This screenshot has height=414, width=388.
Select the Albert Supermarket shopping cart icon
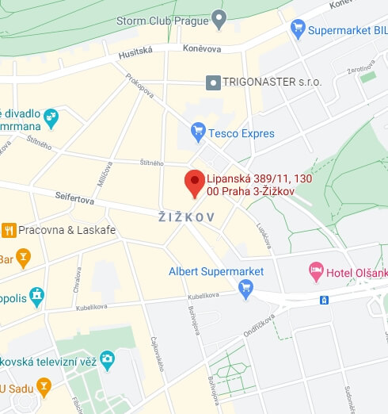[245, 288]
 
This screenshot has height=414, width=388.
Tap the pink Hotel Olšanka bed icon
[316, 272]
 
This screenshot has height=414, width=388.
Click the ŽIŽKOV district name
[187, 217]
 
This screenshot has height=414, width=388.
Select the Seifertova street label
[74, 197]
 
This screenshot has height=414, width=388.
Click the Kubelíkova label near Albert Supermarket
[204, 296]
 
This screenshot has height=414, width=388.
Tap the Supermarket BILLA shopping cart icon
[299, 29]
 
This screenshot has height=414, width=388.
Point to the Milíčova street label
[103, 174]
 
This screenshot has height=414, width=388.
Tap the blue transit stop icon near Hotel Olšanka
[323, 300]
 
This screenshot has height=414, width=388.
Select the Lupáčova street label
[264, 234]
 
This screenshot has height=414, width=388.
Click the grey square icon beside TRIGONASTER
[211, 82]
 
